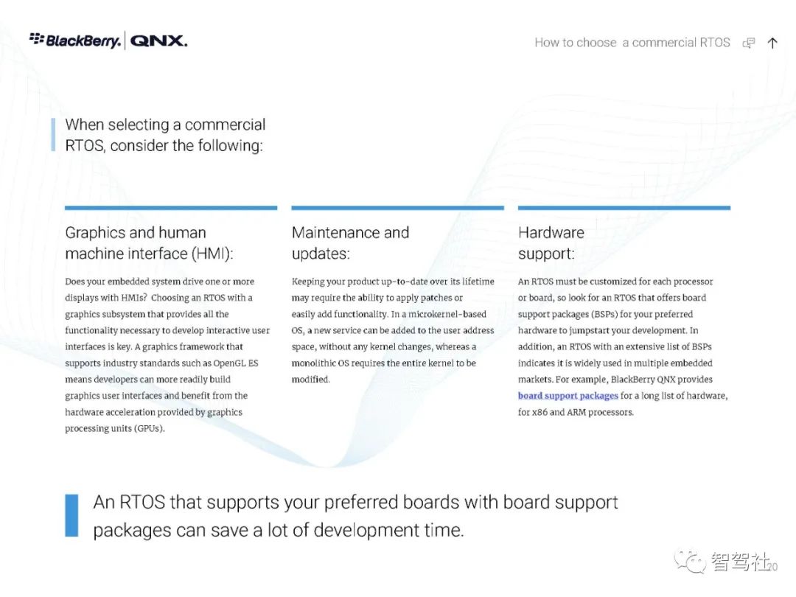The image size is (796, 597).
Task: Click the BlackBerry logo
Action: pyautogui.click(x=75, y=40)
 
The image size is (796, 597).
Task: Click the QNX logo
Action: pyautogui.click(x=159, y=41)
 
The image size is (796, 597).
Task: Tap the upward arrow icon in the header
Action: pyautogui.click(x=772, y=43)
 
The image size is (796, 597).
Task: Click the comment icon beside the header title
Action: pyautogui.click(x=749, y=43)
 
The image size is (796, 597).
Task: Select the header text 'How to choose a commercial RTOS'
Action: pyautogui.click(x=632, y=43)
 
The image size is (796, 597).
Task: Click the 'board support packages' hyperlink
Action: pyautogui.click(x=568, y=396)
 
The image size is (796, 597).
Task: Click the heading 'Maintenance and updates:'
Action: pyautogui.click(x=350, y=242)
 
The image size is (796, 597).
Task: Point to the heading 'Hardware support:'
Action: pyautogui.click(x=551, y=242)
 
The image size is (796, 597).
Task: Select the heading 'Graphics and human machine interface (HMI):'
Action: pyautogui.click(x=149, y=242)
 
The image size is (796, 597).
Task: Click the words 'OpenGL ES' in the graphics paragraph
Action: pyautogui.click(x=236, y=363)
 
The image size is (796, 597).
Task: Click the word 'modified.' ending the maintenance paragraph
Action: pyautogui.click(x=311, y=380)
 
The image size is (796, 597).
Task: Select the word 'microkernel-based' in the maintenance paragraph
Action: pyautogui.click(x=447, y=314)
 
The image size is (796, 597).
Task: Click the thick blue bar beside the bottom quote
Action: pyautogui.click(x=71, y=515)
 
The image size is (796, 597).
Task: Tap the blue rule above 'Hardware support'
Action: pyautogui.click(x=624, y=208)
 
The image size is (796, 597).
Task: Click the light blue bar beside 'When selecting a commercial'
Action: pyautogui.click(x=53, y=135)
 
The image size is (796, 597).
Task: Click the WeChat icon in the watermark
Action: pyautogui.click(x=690, y=562)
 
